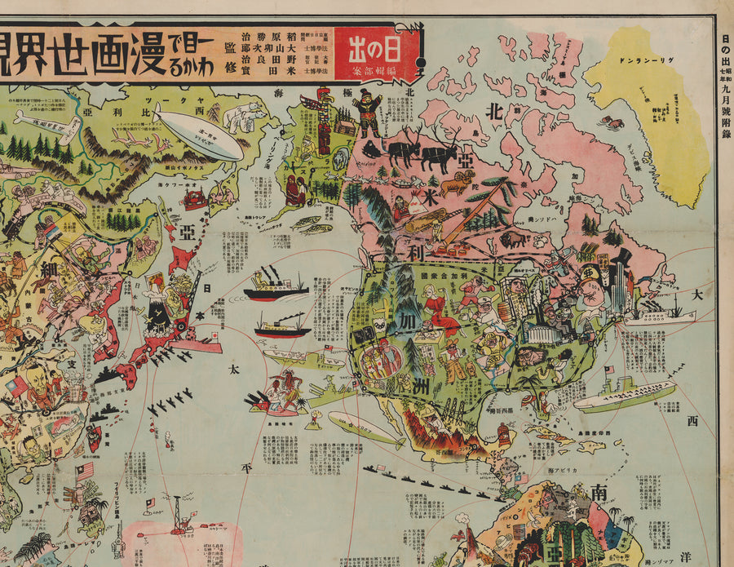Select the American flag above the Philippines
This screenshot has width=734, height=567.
[x=84, y=471]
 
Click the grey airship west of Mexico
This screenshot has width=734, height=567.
[x=365, y=428]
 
